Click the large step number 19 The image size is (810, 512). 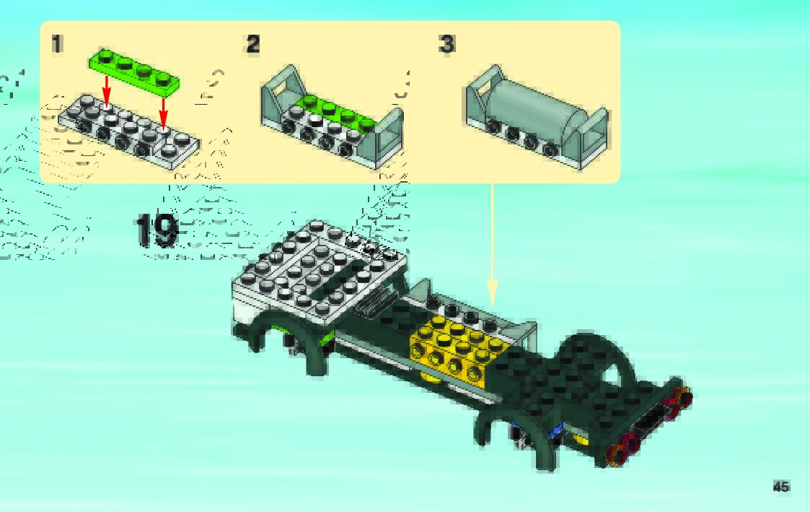pyautogui.click(x=157, y=230)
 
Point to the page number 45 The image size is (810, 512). pyautogui.click(x=780, y=487)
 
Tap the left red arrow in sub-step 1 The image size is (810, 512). pyautogui.click(x=107, y=91)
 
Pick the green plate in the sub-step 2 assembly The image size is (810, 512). pyautogui.click(x=339, y=112)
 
